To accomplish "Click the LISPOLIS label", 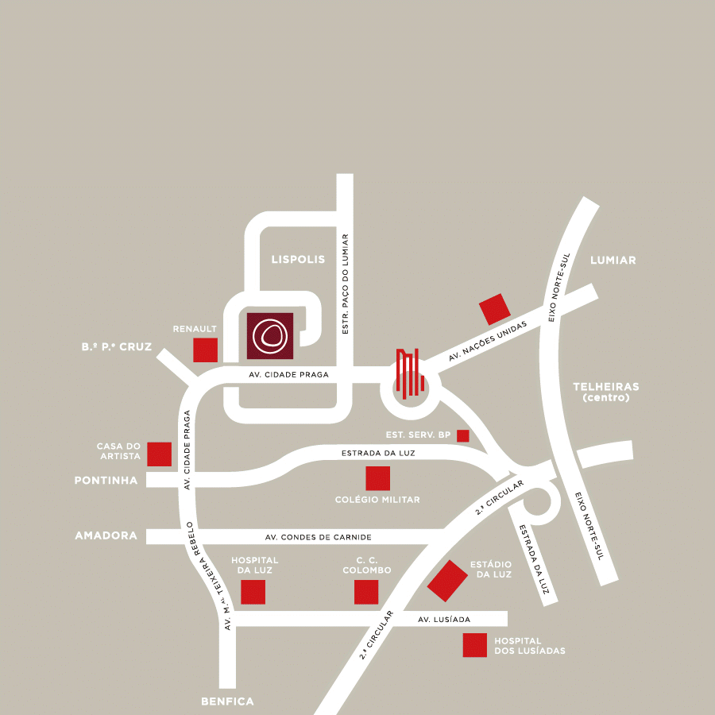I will tap(298, 260).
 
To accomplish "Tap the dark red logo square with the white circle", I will tap(270, 336).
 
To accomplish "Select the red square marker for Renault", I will tap(206, 350).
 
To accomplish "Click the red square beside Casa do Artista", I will tap(160, 454).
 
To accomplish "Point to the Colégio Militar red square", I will tap(377, 478).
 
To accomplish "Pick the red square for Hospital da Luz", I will tap(253, 592).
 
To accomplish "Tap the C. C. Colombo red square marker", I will tap(366, 592).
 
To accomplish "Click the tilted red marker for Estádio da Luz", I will tap(447, 581).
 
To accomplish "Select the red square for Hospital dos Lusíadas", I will tap(475, 645).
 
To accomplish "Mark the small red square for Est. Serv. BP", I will tap(463, 435).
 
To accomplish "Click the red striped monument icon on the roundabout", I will tap(408, 373).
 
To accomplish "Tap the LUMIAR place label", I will tap(613, 261).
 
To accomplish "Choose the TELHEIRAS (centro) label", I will tap(605, 392).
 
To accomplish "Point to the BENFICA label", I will tap(227, 701).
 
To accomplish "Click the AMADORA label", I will tap(106, 536).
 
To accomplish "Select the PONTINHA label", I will tap(106, 481).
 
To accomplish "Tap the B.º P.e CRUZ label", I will tap(116, 347).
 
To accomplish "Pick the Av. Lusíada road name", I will tap(444, 619).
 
